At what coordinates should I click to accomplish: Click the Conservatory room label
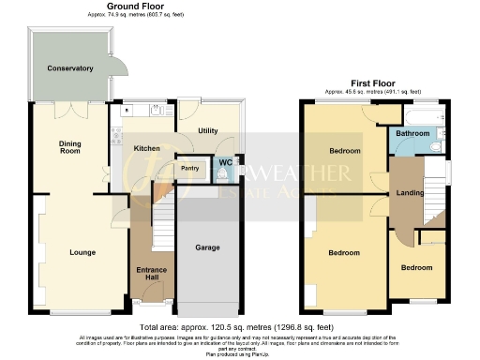(70, 68)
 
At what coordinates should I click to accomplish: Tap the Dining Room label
(70, 148)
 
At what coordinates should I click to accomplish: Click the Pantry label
(189, 169)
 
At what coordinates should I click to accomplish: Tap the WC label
(226, 163)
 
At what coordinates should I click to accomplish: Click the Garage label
(207, 248)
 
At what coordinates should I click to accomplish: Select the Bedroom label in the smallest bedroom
(416, 267)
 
